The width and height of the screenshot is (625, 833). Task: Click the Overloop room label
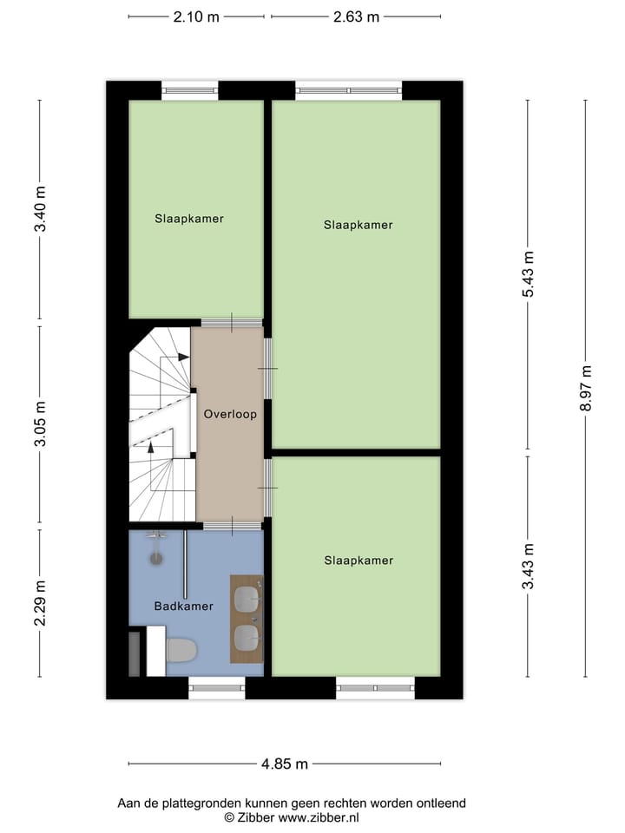click(230, 415)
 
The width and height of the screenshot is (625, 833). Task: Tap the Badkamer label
click(183, 607)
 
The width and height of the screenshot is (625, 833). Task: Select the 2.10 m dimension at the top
click(196, 16)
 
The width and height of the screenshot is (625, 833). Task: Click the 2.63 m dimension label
click(356, 16)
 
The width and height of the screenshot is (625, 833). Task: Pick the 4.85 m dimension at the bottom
click(285, 764)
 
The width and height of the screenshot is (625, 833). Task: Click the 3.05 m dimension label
click(40, 427)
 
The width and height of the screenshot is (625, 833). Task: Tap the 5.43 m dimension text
click(528, 274)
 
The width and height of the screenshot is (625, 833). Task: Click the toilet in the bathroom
click(181, 649)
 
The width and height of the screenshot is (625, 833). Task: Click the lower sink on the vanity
click(247, 639)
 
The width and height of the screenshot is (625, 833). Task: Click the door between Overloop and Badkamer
click(232, 525)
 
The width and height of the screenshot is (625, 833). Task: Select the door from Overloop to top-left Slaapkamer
click(231, 323)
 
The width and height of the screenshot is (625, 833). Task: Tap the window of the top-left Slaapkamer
click(189, 88)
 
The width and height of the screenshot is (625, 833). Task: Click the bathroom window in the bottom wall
click(217, 688)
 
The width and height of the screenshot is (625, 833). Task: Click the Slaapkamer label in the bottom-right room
click(359, 561)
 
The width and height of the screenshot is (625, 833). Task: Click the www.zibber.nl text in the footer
click(319, 817)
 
